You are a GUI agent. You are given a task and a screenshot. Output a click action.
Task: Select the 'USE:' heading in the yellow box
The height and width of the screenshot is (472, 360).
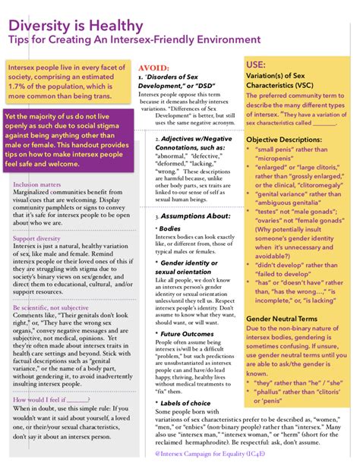pyautogui.click(x=257, y=65)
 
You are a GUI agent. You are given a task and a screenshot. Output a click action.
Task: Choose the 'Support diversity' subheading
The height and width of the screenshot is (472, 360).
pyautogui.click(x=36, y=238)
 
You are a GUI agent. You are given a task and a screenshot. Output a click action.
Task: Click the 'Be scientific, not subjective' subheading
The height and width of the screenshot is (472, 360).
pyautogui.click(x=51, y=308)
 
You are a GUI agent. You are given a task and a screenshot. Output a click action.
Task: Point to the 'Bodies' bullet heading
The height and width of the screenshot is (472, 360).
pyautogui.click(x=170, y=228)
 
